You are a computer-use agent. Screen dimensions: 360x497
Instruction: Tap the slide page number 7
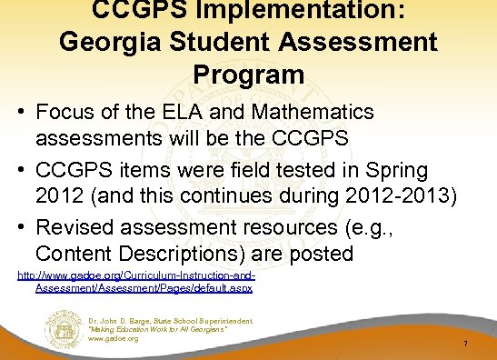click(464, 345)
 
